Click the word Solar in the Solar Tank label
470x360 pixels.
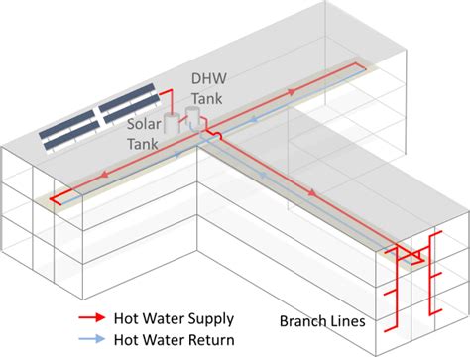click(x=143, y=123)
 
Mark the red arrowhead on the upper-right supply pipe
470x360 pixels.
click(x=294, y=91)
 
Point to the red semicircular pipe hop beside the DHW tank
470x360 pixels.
click(x=209, y=128)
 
